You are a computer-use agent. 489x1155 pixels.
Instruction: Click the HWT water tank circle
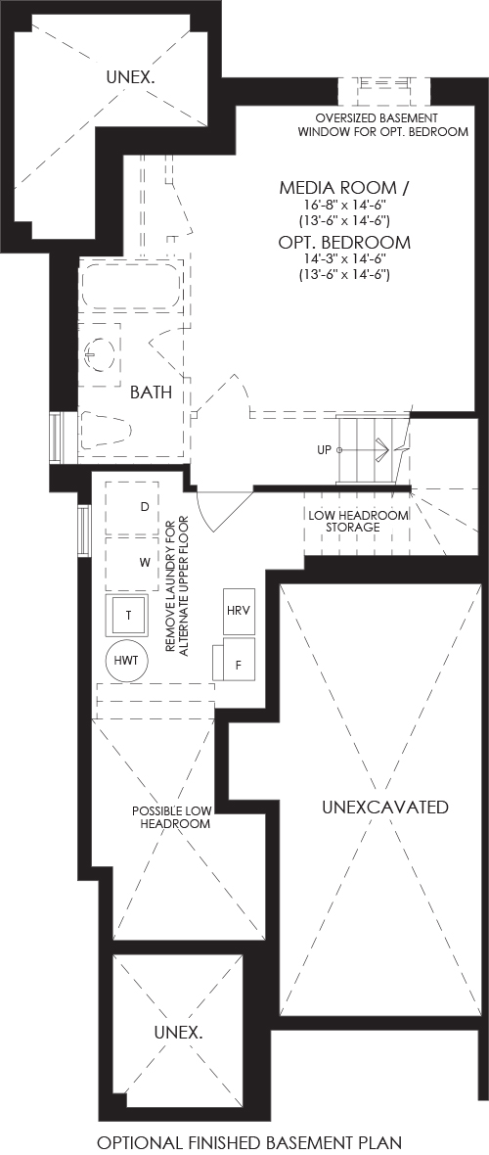pos(127,659)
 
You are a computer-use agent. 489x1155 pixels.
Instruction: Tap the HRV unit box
pos(238,611)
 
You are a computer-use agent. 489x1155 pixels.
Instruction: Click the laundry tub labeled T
pos(128,615)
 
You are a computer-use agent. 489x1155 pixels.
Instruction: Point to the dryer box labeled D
pos(132,508)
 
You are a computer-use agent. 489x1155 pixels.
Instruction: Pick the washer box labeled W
pos(132,564)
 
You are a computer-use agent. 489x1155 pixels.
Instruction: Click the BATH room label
pos(151,393)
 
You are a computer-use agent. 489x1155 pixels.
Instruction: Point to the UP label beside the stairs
pos(324,450)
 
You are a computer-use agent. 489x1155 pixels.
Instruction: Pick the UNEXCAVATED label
pos(385,808)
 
